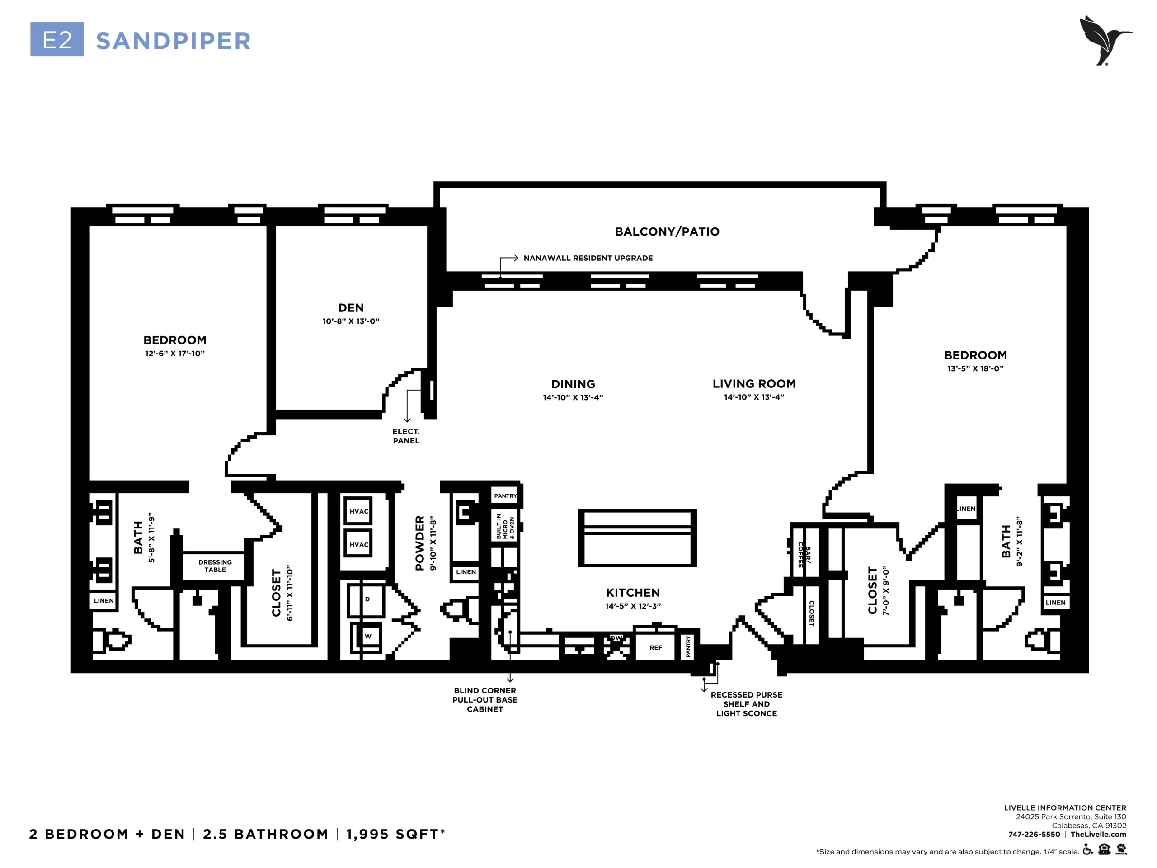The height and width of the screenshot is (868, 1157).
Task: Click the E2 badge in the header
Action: tap(56, 39)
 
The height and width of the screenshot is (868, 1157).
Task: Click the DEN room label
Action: tap(351, 308)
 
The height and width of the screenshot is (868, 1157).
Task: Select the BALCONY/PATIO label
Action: tap(667, 232)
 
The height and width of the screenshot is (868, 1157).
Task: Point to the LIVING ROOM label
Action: tap(754, 383)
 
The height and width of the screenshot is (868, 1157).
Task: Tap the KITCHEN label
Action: tap(633, 593)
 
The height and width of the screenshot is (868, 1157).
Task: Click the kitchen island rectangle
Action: tap(637, 538)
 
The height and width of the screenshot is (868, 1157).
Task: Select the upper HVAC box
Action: tap(358, 511)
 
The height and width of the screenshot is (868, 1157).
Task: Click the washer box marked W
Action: tap(367, 636)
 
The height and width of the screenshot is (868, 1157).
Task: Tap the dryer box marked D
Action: tap(367, 600)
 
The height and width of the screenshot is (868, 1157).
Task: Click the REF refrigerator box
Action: tap(655, 648)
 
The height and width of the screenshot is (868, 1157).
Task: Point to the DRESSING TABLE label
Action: tap(215, 566)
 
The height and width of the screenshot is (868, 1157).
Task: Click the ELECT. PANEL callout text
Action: tap(406, 436)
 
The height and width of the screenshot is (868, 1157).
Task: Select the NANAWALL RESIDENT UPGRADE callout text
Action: tap(588, 258)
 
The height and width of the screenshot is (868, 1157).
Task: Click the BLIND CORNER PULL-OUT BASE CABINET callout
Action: tap(485, 700)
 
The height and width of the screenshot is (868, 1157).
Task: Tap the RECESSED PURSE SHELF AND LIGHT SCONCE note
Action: tap(747, 704)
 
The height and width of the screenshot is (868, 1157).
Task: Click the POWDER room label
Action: tap(419, 543)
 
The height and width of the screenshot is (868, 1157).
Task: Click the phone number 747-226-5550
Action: tap(1034, 835)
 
